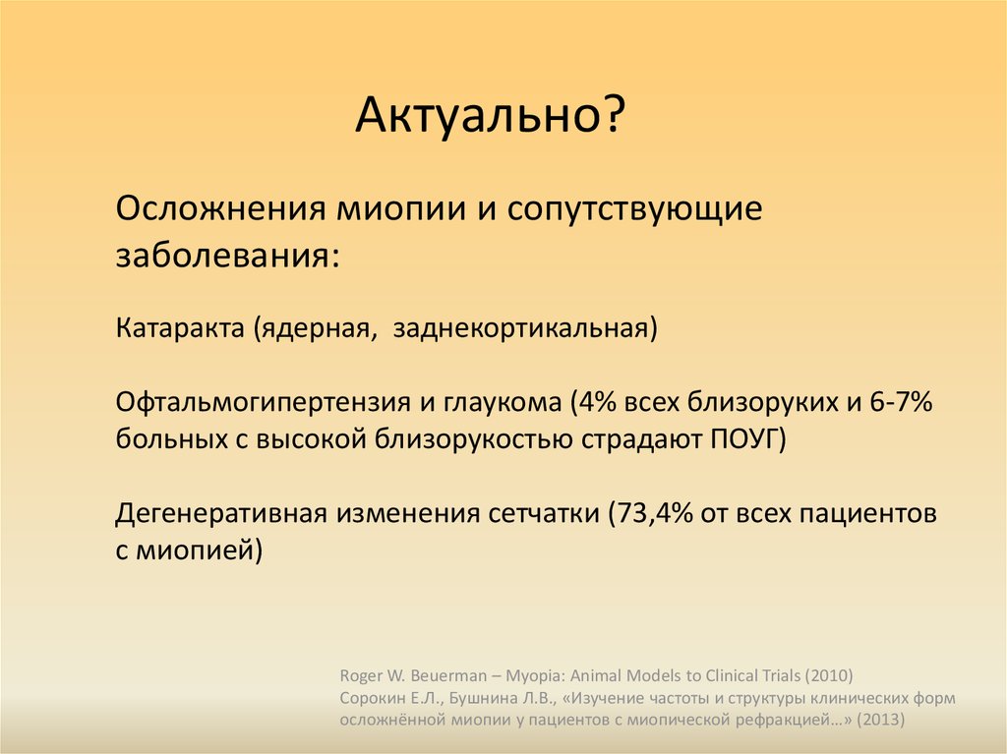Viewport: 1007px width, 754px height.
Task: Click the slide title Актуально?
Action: click(x=490, y=115)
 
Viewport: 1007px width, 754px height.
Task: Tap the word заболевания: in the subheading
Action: click(x=227, y=256)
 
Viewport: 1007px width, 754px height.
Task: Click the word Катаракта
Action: click(x=180, y=327)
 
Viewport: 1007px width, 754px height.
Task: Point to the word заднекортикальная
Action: click(x=525, y=328)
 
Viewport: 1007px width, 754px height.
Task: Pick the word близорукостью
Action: click(x=474, y=440)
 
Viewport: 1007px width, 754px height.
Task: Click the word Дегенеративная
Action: click(x=221, y=514)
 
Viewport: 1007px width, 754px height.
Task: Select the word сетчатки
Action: click(x=543, y=514)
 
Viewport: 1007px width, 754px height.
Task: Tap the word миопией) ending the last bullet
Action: click(x=199, y=551)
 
